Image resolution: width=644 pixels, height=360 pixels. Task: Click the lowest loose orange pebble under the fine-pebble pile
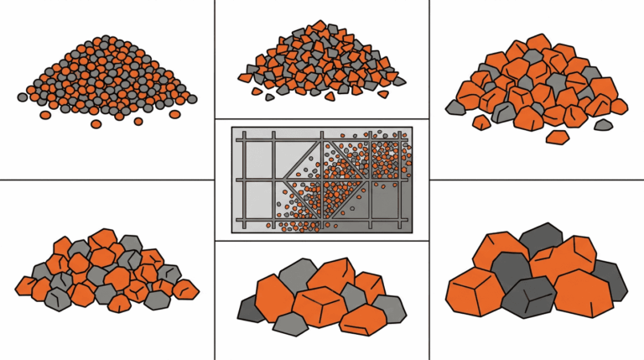point(96,124)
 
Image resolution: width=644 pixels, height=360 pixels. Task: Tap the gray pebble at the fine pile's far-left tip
point(23,97)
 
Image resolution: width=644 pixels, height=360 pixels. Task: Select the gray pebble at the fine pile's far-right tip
point(192,99)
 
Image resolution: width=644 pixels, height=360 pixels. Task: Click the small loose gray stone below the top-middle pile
point(269,97)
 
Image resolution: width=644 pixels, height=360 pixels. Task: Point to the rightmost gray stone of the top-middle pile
point(399,81)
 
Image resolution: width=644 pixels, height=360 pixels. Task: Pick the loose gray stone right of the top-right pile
point(603,125)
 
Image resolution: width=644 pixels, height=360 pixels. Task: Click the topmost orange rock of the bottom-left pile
point(103,240)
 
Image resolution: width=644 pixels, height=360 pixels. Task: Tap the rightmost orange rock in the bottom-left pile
point(186,290)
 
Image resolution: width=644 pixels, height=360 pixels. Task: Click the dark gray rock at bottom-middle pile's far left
point(247,310)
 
